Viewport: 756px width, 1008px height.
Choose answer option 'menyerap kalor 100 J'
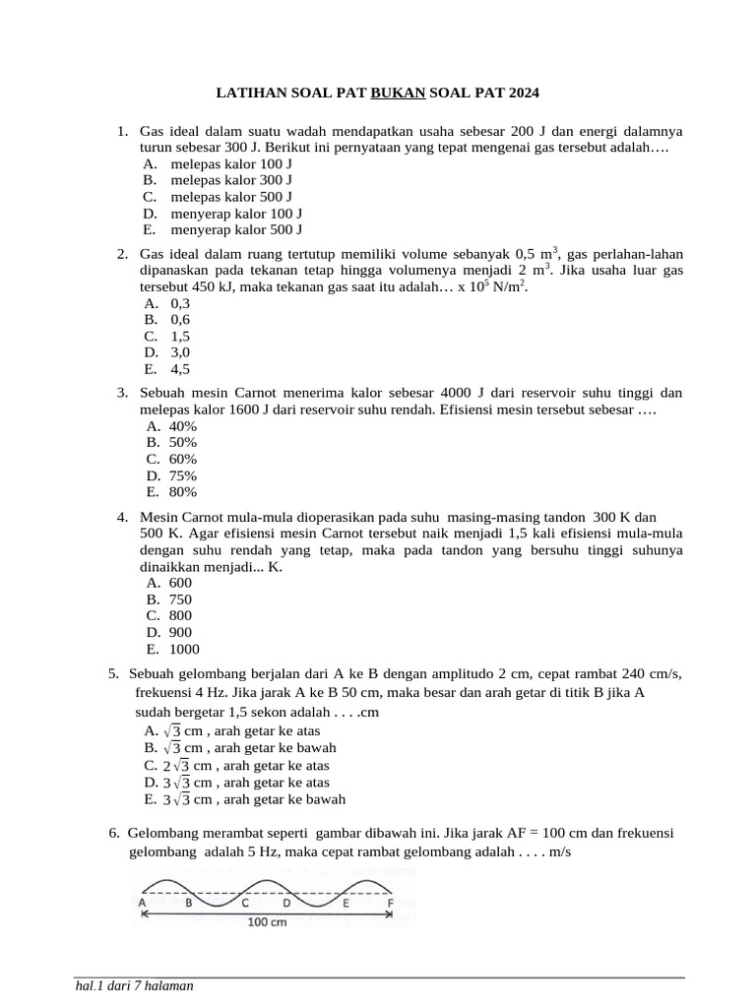click(236, 213)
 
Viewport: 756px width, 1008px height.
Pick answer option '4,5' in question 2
click(180, 369)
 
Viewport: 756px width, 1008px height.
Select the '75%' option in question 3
click(183, 475)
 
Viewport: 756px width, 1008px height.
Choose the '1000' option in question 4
click(184, 649)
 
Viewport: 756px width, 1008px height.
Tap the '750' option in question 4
click(181, 599)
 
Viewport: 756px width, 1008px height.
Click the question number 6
click(114, 833)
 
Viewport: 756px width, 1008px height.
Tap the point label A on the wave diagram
click(143, 902)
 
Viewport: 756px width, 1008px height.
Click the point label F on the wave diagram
click(391, 902)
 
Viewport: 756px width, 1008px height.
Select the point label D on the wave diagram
click(286, 902)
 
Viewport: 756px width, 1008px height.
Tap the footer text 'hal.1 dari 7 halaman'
click(134, 986)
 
